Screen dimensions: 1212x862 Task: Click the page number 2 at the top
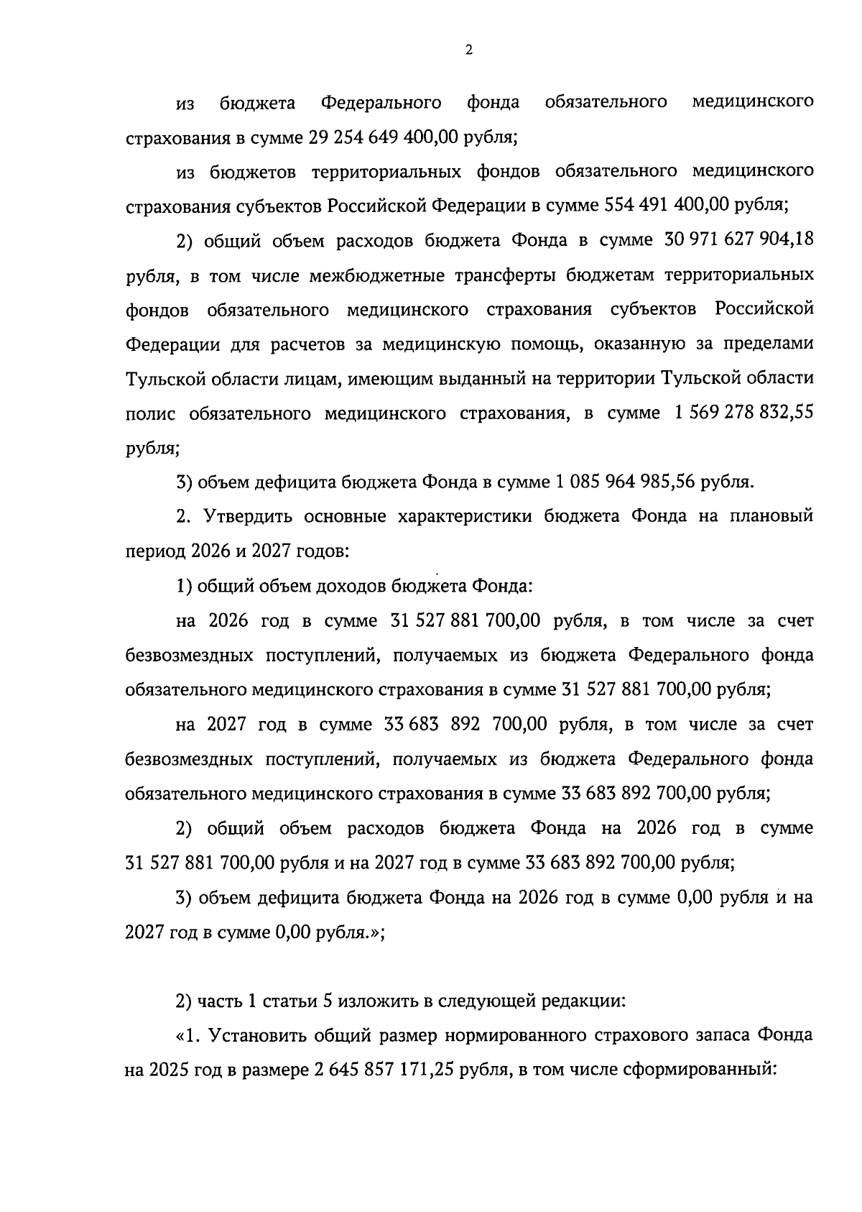tap(469, 50)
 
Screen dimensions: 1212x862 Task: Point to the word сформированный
tap(701, 1070)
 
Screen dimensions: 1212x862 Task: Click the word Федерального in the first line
tap(381, 103)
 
